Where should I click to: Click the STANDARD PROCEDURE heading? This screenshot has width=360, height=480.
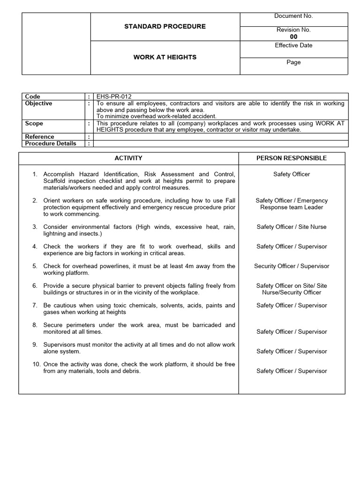point(165,26)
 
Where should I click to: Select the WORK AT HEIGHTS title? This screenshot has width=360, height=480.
point(165,57)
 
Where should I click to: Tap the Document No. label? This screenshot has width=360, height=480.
point(293,16)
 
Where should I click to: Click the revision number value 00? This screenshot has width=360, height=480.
point(293,37)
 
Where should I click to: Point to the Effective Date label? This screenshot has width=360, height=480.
point(293,45)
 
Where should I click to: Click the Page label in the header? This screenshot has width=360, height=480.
point(293,62)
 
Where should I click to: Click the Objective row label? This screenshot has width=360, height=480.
point(38,104)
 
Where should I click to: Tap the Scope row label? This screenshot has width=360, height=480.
point(34,123)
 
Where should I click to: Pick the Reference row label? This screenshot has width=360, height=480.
point(39,137)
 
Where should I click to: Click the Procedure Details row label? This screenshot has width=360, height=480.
point(51,143)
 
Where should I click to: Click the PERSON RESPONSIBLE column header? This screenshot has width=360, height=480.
point(292,158)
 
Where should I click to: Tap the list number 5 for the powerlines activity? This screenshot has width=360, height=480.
point(35,266)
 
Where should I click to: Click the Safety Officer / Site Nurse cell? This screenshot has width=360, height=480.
point(292,227)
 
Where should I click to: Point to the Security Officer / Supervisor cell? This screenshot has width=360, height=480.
point(292,266)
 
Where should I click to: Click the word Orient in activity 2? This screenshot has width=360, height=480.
point(52,201)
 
